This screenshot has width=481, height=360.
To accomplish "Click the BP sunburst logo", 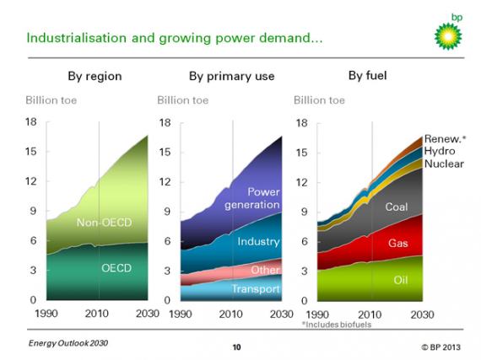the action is [x=448, y=36].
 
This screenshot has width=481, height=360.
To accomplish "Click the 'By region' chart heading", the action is [x=95, y=76].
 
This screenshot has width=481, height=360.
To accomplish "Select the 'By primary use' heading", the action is [x=231, y=76].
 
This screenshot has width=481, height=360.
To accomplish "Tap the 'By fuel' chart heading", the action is [x=367, y=75].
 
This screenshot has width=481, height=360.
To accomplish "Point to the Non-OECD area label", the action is [x=104, y=223].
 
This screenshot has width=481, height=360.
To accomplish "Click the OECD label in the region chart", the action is [x=116, y=268].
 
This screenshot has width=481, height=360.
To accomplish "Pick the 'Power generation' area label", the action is [x=252, y=198].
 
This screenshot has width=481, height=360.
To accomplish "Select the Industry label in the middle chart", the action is [x=258, y=241].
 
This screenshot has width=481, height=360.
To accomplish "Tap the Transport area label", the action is [x=256, y=288].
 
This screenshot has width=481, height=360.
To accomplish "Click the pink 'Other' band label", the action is [x=265, y=270].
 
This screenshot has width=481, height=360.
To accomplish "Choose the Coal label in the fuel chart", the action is [x=397, y=207].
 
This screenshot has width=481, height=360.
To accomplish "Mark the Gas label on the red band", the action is [x=398, y=244].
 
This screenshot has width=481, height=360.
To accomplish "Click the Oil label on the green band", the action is [x=401, y=280].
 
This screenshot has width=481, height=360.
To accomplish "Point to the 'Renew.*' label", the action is [x=445, y=139].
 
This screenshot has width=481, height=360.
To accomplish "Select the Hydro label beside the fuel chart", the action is [x=440, y=151].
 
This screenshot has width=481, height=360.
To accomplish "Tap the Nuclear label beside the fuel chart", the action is [x=444, y=164].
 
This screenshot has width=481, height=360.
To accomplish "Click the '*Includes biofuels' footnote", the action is [x=337, y=325].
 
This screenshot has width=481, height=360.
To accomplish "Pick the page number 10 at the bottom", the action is [x=236, y=347].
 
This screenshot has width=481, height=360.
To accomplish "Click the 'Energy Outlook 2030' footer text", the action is [x=68, y=343].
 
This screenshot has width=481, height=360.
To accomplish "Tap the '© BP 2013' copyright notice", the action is [x=440, y=347].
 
